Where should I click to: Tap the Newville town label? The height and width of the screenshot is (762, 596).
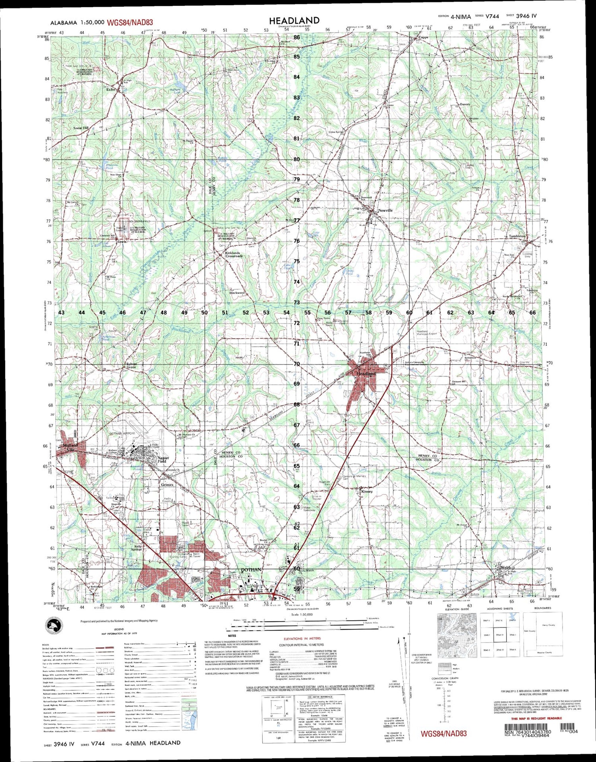pyautogui.click(x=385, y=210)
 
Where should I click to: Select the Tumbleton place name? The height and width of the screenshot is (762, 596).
pyautogui.click(x=517, y=236)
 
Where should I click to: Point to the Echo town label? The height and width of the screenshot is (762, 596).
pyautogui.click(x=110, y=90)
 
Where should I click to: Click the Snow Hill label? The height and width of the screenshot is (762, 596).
pyautogui.click(x=81, y=128)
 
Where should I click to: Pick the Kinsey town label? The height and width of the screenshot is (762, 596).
pyautogui.click(x=367, y=492)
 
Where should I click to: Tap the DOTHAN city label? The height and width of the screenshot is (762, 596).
pyautogui.click(x=251, y=570)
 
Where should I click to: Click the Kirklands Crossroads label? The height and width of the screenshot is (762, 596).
pyautogui.click(x=234, y=255)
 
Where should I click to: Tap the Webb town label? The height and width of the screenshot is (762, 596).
pyautogui.click(x=505, y=567)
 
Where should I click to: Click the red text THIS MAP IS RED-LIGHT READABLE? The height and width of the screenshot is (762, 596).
pyautogui.click(x=536, y=718)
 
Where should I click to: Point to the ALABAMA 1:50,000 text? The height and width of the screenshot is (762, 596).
pyautogui.click(x=72, y=23)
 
